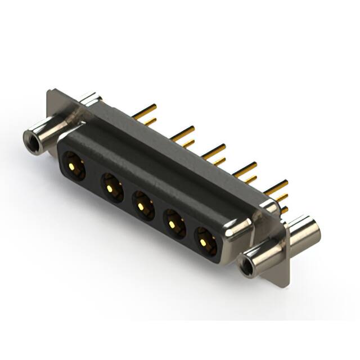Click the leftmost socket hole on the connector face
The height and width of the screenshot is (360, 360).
(x=74, y=165)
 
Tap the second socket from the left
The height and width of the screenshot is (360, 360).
(x=111, y=187)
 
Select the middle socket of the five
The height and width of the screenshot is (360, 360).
(x=143, y=206)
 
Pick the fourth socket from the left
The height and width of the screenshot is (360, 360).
(x=174, y=224)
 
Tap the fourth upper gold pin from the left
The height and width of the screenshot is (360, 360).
(x=245, y=167)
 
